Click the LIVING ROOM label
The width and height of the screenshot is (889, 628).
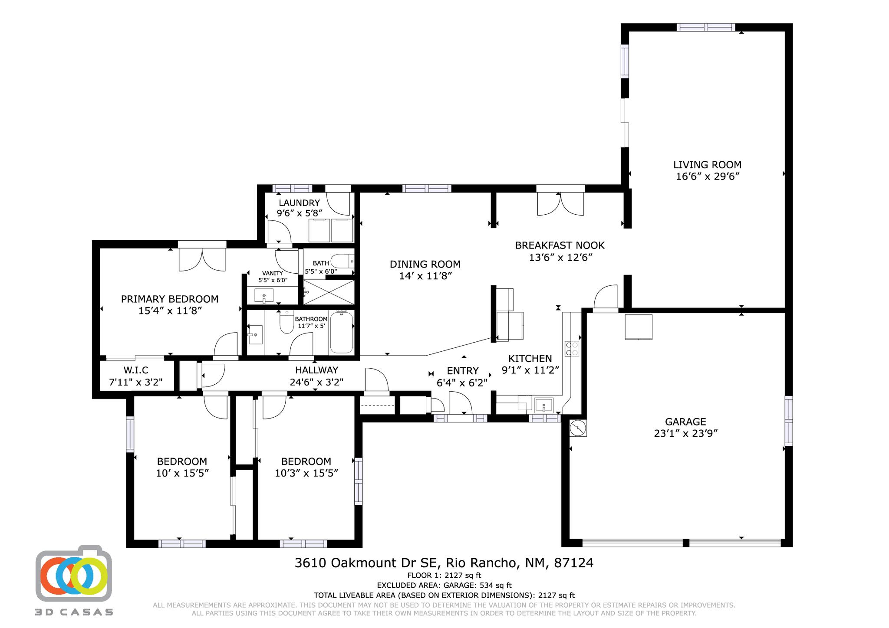pyautogui.click(x=707, y=165)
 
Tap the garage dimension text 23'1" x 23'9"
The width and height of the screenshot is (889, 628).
pyautogui.click(x=685, y=433)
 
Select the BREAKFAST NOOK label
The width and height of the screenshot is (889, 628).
pyautogui.click(x=560, y=245)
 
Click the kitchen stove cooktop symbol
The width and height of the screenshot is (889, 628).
pyautogui.click(x=572, y=349)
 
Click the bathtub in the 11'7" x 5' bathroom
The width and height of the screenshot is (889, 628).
pyautogui.click(x=342, y=332)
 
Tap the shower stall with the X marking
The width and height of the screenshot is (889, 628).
pyautogui.click(x=329, y=292)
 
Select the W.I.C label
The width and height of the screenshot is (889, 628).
pyautogui.click(x=136, y=370)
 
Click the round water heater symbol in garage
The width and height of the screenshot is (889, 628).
pyautogui.click(x=578, y=428)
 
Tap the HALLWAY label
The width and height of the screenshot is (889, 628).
pyautogui.click(x=316, y=370)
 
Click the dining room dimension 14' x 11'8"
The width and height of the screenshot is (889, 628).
pyautogui.click(x=425, y=276)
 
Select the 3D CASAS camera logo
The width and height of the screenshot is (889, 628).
pyautogui.click(x=74, y=574)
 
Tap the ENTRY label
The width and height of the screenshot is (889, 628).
pyautogui.click(x=463, y=371)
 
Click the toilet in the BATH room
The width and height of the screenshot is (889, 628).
pyautogui.click(x=342, y=262)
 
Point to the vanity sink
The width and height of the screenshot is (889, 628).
pyautogui.click(x=264, y=296)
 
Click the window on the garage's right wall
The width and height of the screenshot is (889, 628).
pyautogui.click(x=788, y=420)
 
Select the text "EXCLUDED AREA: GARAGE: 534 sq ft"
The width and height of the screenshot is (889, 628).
pyautogui.click(x=444, y=585)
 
